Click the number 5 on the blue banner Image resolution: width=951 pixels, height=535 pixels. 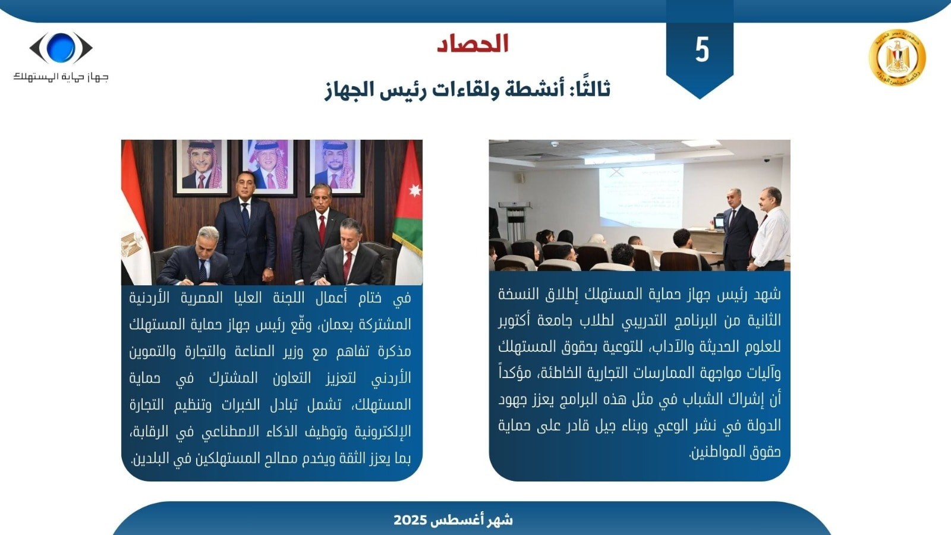702,49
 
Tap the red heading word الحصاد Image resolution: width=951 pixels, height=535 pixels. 473,44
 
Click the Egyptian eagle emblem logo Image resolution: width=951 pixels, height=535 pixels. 897,58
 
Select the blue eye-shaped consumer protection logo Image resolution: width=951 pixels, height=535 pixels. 61,48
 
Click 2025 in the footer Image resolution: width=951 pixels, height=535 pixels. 410,520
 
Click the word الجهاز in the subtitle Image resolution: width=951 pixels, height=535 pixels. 349,90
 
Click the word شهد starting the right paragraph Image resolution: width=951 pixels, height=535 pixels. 767,294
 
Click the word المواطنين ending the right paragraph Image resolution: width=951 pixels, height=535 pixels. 713,452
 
